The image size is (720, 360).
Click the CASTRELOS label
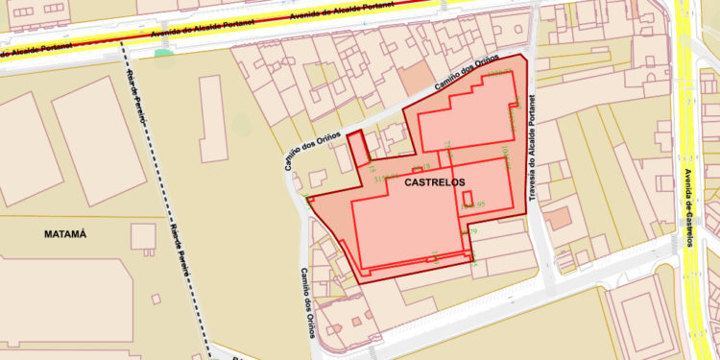435,180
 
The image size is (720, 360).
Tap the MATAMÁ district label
65,233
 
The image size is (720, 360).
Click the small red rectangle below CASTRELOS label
468,199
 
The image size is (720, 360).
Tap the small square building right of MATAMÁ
144,235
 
